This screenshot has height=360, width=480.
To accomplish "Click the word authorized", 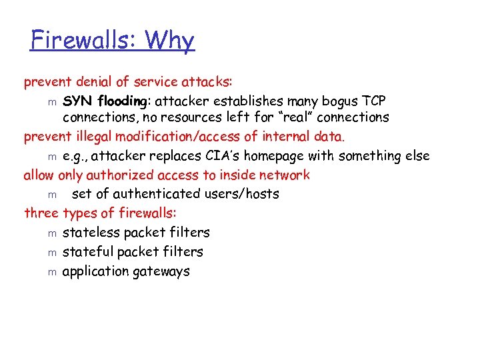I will tap(116, 175).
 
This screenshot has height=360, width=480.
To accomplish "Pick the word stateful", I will tap(87, 252).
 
